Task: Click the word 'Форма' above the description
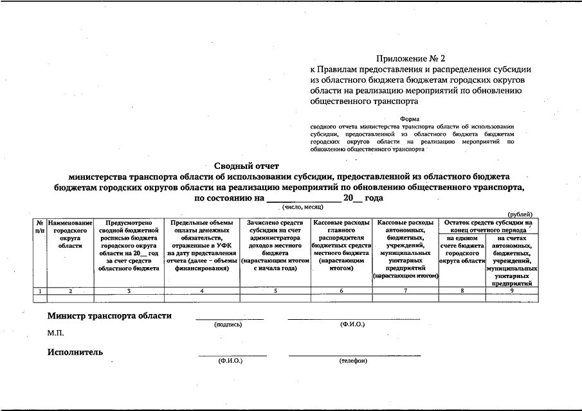click(x=409, y=119)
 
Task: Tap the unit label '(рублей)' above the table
click(x=520, y=214)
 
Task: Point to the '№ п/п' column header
click(x=41, y=225)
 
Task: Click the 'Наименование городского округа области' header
click(x=70, y=234)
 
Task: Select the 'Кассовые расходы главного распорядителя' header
click(x=341, y=245)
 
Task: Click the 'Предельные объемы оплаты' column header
click(x=202, y=245)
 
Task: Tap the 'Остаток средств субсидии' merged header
click(x=489, y=226)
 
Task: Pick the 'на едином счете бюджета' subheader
click(x=462, y=249)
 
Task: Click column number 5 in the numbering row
click(x=275, y=291)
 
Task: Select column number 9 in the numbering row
click(x=512, y=291)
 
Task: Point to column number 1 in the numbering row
click(x=41, y=291)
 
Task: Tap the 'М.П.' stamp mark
click(x=55, y=333)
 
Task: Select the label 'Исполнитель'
click(x=75, y=352)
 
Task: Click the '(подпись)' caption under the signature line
click(x=228, y=325)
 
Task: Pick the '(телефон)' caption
click(x=352, y=361)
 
